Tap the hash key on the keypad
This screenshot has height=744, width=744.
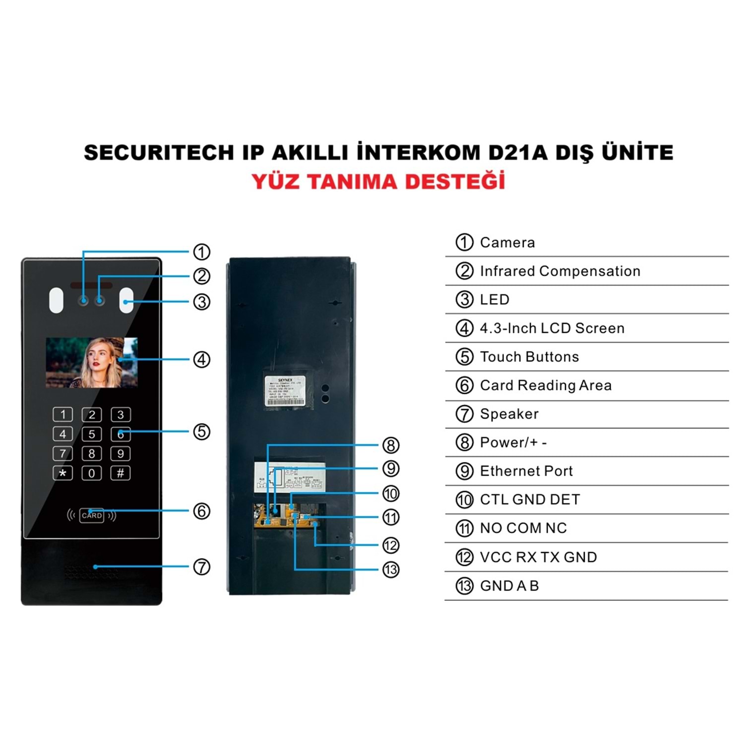coord(121,473)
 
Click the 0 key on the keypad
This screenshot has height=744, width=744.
coord(92,473)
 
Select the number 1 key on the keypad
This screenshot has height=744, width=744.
coord(63,414)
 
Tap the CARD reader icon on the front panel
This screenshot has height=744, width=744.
coord(92,515)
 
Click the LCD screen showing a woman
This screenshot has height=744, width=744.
coord(92,363)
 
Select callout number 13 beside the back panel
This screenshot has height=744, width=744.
coord(391,569)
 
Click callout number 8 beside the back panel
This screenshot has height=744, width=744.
coord(391,445)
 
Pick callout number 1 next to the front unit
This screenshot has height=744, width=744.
coord(201,252)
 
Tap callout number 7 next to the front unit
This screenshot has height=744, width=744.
coord(201,566)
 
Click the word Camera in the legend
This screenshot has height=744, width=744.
coord(507,243)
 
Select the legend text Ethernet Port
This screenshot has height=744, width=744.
coord(526,471)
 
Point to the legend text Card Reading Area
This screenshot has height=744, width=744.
coord(546,385)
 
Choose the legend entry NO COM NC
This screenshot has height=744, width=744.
coord(523,528)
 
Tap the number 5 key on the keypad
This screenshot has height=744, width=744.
coord(92,434)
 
